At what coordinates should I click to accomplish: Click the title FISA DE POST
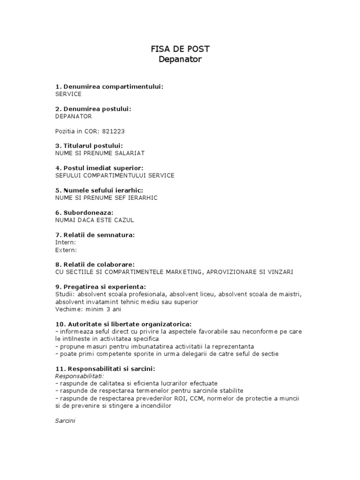pyautogui.click(x=180, y=49)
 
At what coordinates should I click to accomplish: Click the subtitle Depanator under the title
pyautogui.click(x=180, y=60)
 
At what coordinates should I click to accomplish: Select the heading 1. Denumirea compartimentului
pyautogui.click(x=109, y=87)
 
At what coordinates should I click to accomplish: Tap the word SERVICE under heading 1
pyautogui.click(x=68, y=94)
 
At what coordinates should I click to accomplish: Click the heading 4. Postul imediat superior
pyautogui.click(x=106, y=168)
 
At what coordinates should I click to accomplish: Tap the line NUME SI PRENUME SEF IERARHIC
pyautogui.click(x=106, y=197)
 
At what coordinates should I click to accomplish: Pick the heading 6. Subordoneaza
pyautogui.click(x=84, y=212)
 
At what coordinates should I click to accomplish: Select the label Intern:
pyautogui.click(x=65, y=242)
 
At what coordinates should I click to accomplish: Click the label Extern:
pyautogui.click(x=66, y=250)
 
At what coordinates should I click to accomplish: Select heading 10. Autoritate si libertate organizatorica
pyautogui.click(x=123, y=324)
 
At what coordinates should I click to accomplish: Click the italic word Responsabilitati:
pyautogui.click(x=80, y=376)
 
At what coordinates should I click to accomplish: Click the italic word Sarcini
pyautogui.click(x=65, y=420)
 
